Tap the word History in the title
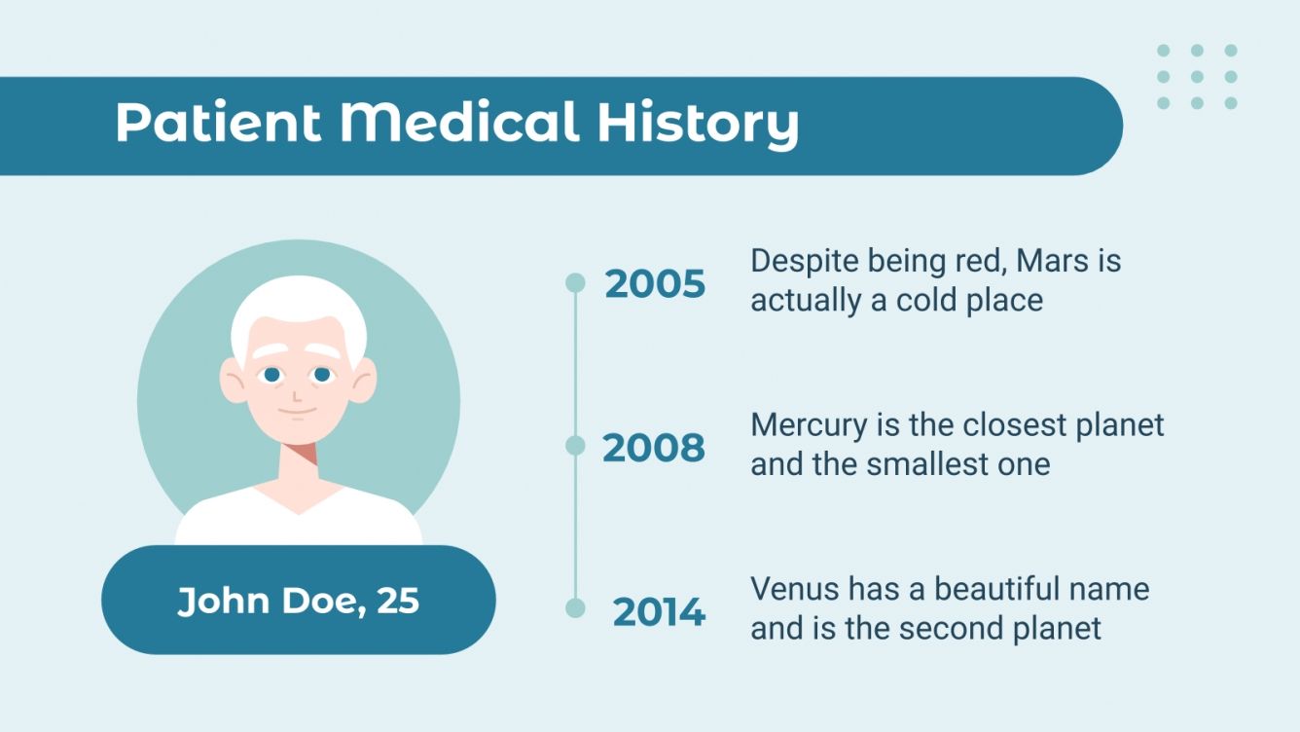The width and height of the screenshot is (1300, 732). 698,124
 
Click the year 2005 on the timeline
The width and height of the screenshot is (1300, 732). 655,284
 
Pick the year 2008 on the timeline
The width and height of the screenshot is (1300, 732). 654,448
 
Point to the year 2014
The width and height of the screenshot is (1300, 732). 659,612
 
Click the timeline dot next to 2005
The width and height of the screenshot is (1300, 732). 575,282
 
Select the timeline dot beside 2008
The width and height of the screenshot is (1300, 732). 575,446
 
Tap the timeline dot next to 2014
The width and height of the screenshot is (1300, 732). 575,608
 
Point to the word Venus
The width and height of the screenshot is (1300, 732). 794,589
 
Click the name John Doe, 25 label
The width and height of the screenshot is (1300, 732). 298,601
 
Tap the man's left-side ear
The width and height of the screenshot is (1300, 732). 234,380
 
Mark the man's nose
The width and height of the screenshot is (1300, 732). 297,394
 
